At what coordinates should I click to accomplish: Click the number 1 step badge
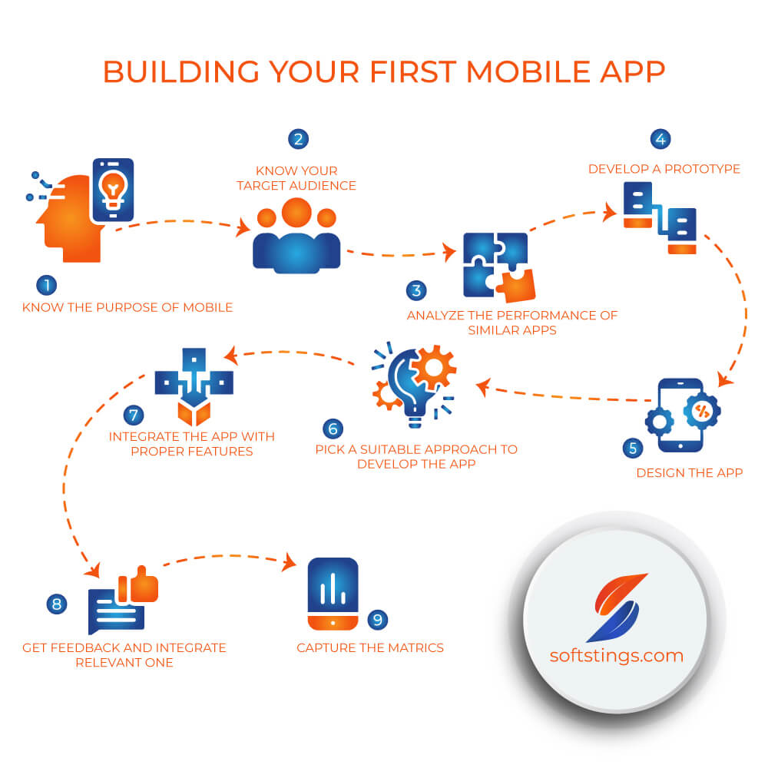[47, 285]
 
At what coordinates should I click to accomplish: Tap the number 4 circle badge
[660, 139]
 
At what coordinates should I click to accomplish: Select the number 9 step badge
[378, 620]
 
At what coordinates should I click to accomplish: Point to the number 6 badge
[333, 429]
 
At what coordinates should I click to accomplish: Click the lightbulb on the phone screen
[113, 189]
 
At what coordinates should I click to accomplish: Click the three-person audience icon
[296, 236]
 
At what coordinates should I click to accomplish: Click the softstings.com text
[616, 656]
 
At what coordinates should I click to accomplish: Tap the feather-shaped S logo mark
[618, 607]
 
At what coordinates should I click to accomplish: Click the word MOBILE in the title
[528, 72]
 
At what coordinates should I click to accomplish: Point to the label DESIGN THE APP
[689, 472]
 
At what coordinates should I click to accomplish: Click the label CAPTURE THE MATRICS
[370, 648]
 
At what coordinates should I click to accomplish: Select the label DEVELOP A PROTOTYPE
[664, 169]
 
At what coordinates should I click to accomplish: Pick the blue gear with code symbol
[702, 410]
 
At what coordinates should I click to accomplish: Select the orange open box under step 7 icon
[194, 413]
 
